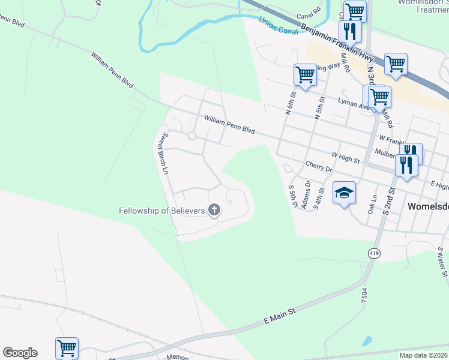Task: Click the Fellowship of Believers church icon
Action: (x=214, y=210)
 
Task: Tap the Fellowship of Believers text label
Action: (x=162, y=211)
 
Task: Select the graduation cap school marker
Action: (x=345, y=194)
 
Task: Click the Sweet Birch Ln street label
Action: (x=163, y=154)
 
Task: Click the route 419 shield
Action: (x=375, y=254)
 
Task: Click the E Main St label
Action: (x=281, y=317)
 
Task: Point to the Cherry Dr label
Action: (x=318, y=166)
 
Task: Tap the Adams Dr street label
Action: (x=307, y=196)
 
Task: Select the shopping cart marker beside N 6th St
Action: (x=305, y=76)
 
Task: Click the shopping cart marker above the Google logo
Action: (x=67, y=347)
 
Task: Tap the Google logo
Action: (x=20, y=353)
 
